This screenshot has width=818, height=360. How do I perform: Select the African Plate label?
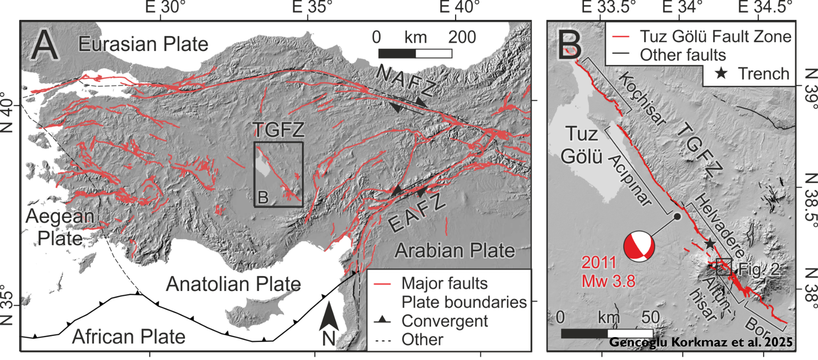pyautogui.click(x=129, y=336)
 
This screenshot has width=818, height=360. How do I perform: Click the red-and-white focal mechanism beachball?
pyautogui.click(x=639, y=246)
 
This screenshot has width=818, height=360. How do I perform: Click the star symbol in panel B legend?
pyautogui.click(x=721, y=74)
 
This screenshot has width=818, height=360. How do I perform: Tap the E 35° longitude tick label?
pyautogui.click(x=312, y=7)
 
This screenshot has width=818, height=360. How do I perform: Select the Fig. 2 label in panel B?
pyautogui.click(x=759, y=269)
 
